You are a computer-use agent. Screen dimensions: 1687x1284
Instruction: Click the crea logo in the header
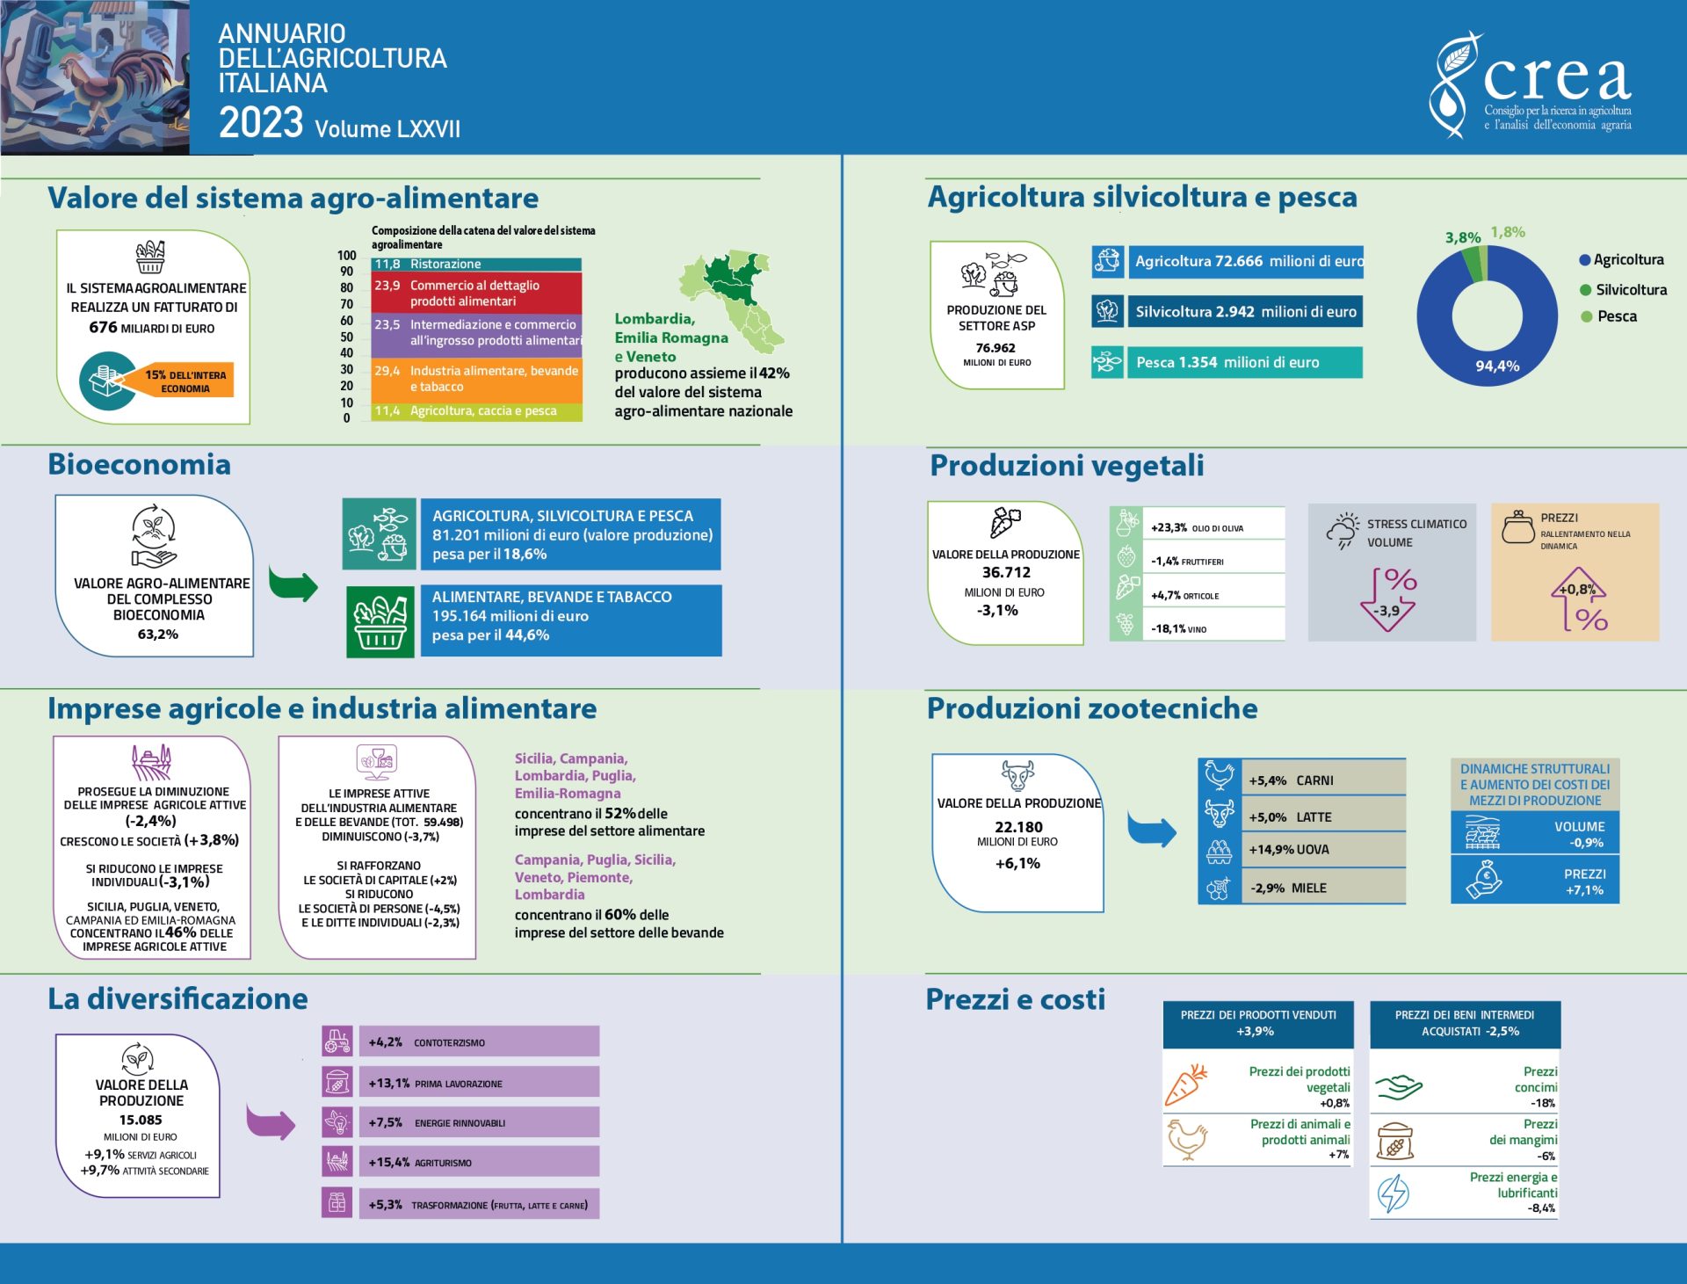[x=1531, y=85]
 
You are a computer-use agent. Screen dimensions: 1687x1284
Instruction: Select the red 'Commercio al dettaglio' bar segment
[x=476, y=293]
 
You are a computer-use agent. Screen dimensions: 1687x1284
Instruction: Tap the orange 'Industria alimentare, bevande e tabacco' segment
[x=476, y=379]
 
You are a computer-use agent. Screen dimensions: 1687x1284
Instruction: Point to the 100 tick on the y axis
[x=346, y=256]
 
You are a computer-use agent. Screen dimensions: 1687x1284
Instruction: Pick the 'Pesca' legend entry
[x=1609, y=316]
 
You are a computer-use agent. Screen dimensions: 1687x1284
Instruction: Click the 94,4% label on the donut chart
[x=1497, y=366]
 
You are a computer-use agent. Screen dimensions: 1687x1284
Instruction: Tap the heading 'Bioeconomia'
[x=139, y=464]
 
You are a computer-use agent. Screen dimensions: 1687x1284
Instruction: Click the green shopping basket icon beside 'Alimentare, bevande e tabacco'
[x=380, y=621]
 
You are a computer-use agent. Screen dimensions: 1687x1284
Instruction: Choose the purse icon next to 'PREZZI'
[x=1517, y=527]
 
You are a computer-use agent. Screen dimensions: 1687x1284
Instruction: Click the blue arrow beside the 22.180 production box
[x=1151, y=829]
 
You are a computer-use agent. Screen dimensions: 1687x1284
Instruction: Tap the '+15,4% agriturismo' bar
[x=479, y=1162]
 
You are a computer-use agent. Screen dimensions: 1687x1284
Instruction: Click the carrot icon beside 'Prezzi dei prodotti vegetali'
[x=1185, y=1085]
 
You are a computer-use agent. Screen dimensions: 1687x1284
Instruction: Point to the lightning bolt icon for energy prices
[x=1393, y=1193]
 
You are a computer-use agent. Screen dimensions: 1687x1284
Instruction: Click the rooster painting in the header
[x=95, y=77]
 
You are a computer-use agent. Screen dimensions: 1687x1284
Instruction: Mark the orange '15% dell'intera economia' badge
[x=185, y=381]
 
